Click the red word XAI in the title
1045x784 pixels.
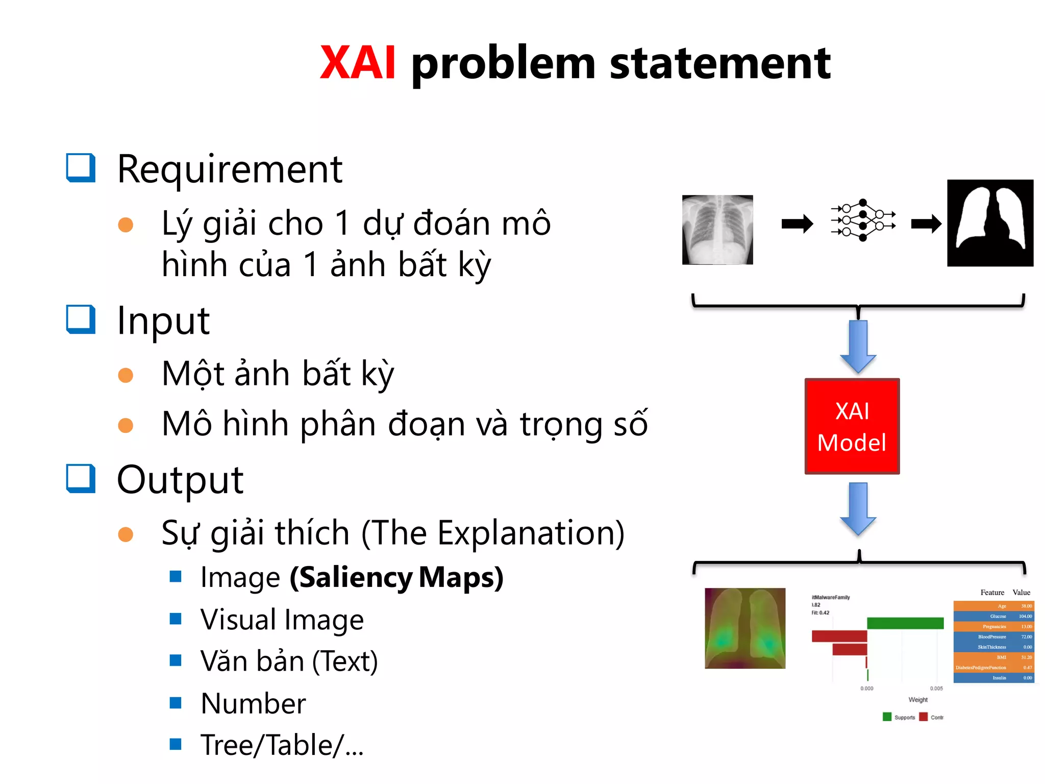click(x=358, y=63)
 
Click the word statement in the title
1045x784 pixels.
click(x=720, y=63)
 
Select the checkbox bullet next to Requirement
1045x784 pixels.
click(x=81, y=168)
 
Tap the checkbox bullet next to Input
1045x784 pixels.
click(x=81, y=320)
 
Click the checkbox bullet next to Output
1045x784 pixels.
click(x=81, y=479)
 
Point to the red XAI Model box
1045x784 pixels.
click(x=852, y=426)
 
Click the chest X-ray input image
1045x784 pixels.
click(x=717, y=230)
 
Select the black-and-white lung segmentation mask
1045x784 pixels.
click(x=990, y=223)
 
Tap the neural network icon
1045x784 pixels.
click(x=862, y=220)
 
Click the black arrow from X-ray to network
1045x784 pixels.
click(x=797, y=224)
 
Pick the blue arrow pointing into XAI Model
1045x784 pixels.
click(x=858, y=346)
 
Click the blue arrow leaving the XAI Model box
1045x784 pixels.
click(x=858, y=508)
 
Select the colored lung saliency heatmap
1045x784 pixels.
click(x=745, y=628)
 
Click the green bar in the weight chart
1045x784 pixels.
click(x=905, y=623)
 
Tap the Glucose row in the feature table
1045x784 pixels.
click(x=993, y=616)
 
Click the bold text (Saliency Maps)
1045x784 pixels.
click(x=396, y=577)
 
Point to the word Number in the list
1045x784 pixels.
click(x=253, y=703)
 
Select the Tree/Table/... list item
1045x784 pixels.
click(x=282, y=745)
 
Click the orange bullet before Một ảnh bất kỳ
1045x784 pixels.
click(x=126, y=375)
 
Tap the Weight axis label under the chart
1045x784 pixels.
click(x=918, y=700)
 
